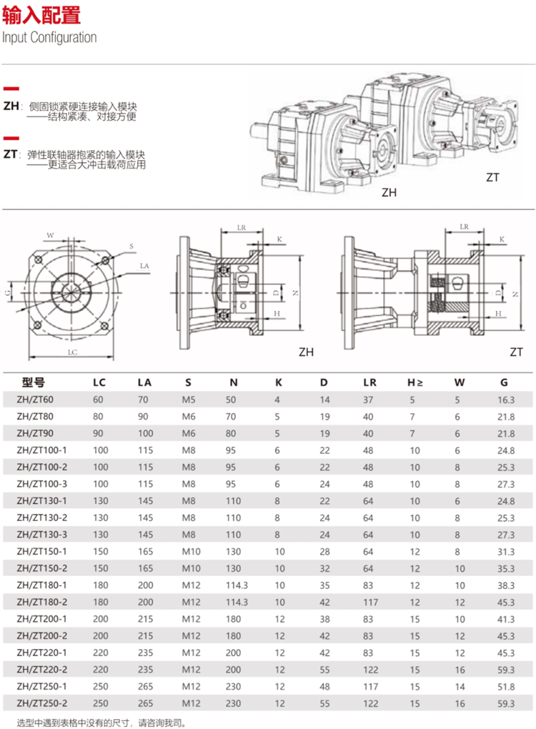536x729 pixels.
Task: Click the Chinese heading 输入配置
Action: point(41,15)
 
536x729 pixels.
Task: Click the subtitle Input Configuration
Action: point(49,37)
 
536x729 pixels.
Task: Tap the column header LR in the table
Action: point(369,382)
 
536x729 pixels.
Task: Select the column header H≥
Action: point(415,382)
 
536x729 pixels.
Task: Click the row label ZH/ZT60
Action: point(41,400)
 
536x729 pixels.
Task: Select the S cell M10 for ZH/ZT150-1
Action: point(189,552)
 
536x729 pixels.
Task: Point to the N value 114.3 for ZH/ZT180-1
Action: point(234,585)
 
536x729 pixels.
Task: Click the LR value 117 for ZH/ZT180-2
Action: point(369,602)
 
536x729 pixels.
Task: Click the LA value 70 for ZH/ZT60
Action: point(143,400)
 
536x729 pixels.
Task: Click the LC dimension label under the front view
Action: point(72,352)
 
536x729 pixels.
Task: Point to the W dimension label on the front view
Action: point(50,234)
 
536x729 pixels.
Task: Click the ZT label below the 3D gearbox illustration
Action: point(492,177)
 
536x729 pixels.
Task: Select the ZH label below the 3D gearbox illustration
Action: point(389,192)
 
